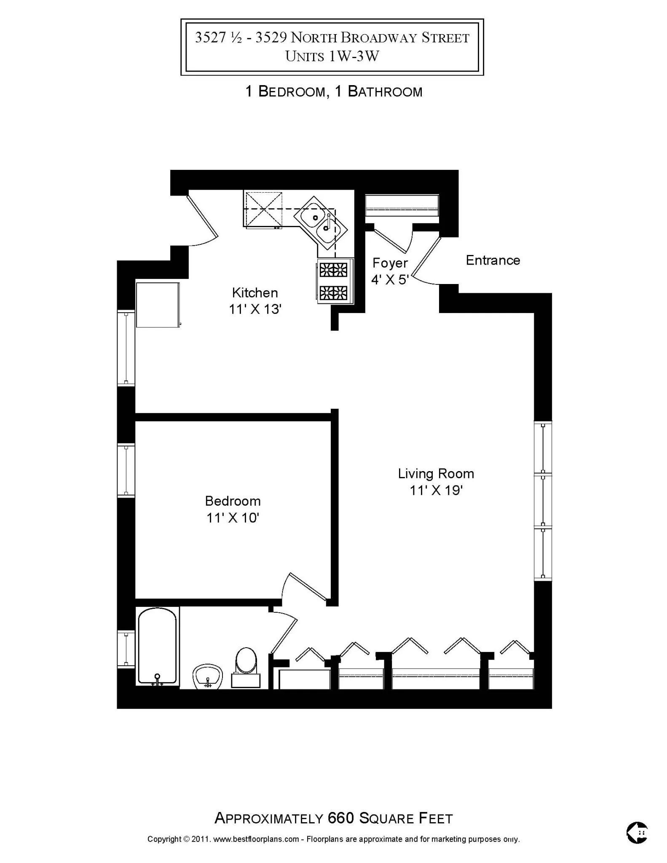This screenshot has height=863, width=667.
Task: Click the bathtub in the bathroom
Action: [157, 646]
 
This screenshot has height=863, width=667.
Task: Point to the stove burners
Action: [334, 281]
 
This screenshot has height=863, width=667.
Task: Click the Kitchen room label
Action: [254, 292]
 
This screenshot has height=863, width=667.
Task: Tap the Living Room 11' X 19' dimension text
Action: [436, 490]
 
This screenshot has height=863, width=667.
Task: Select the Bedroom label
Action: [233, 501]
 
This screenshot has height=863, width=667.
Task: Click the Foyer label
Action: [390, 263]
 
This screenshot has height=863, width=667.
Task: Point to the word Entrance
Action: [493, 260]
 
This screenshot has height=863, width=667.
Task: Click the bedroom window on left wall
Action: [126, 470]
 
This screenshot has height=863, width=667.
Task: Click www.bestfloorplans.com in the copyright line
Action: [256, 839]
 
